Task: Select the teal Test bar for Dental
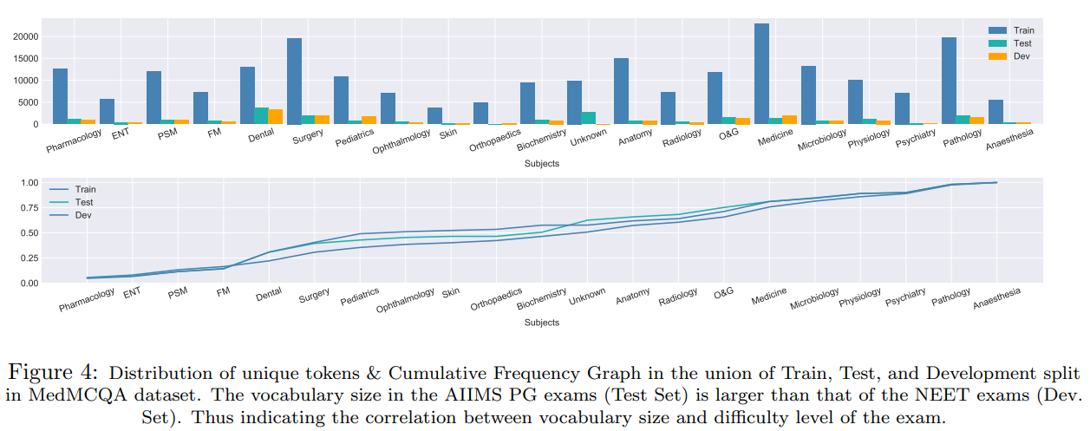coord(261,115)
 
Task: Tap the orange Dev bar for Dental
coord(275,116)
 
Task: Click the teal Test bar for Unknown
coord(588,118)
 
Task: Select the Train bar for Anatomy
coord(621,91)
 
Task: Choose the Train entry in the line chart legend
coord(85,189)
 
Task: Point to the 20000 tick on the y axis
coord(25,36)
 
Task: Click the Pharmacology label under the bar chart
coord(74,137)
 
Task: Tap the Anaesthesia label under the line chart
coord(996,298)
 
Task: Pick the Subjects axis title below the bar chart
coord(541,163)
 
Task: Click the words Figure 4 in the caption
coord(53,373)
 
